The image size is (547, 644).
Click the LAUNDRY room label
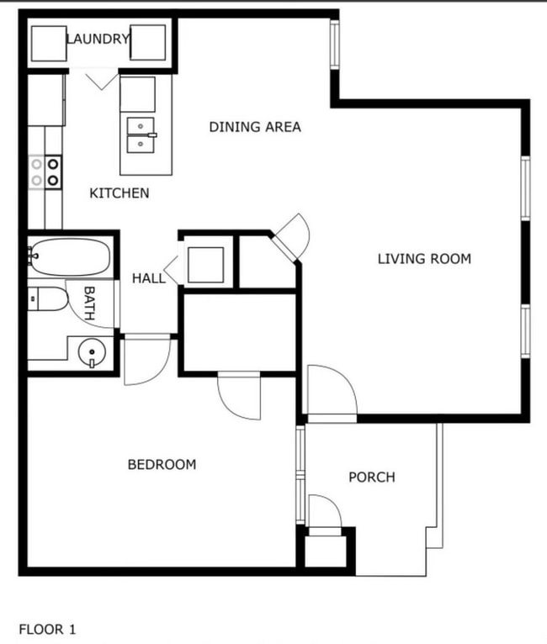point(98,39)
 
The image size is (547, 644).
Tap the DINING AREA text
point(255,127)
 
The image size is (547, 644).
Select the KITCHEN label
point(119,193)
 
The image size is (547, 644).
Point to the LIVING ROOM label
point(424,258)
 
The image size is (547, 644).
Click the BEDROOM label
point(162,464)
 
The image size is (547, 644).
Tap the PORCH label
point(372,478)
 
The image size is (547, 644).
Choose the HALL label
point(149,278)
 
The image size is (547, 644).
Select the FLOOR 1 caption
point(47,628)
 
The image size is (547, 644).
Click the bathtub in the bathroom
point(70,256)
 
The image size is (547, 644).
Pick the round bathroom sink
point(90,351)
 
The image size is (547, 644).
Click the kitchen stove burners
point(45,172)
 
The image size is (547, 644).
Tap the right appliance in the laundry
point(147,45)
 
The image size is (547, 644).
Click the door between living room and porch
point(330,393)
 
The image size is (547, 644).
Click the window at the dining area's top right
point(334,44)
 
